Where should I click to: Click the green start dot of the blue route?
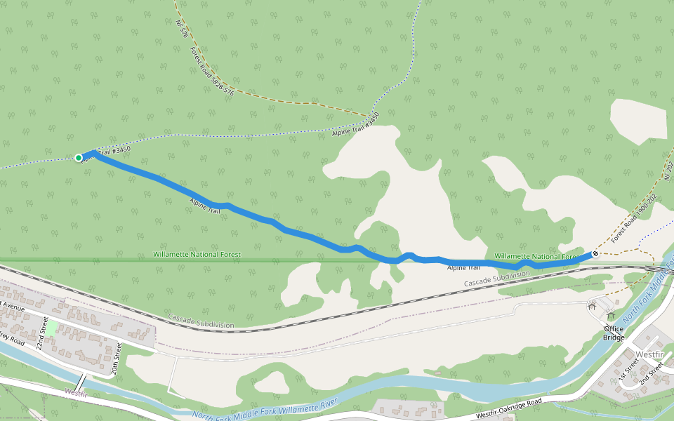(79, 158)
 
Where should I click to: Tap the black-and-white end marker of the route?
(595, 253)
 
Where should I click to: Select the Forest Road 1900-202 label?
(637, 217)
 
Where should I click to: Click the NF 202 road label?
(668, 169)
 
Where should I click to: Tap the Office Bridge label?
(613, 333)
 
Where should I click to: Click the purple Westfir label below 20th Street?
(75, 393)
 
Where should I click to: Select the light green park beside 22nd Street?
(51, 328)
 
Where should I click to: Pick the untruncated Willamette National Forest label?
(197, 254)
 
